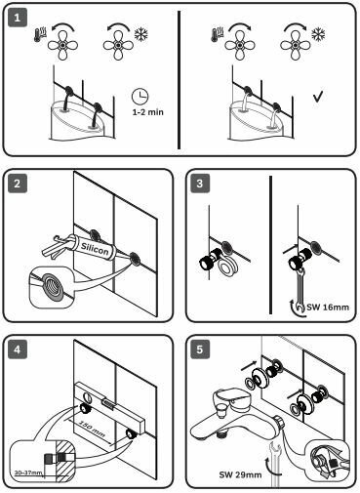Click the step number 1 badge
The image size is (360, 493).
[x=18, y=18]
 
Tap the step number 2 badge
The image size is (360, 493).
[x=18, y=184]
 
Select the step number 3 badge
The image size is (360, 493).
[x=200, y=184]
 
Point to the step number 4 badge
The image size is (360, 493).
[x=18, y=349]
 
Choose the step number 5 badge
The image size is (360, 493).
[x=200, y=349]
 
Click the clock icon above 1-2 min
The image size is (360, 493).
[x=140, y=97]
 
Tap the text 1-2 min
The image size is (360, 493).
[x=148, y=112]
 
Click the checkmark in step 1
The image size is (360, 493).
[x=318, y=97]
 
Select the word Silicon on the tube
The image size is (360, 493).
[x=95, y=249]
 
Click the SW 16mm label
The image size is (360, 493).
[x=328, y=307]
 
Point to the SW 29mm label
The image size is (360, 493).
[x=240, y=474]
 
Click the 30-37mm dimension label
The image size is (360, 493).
[x=28, y=472]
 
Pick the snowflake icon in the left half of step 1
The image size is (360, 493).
[x=141, y=34]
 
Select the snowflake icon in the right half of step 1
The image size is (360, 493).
[x=318, y=34]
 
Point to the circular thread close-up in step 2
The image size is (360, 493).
[x=52, y=285]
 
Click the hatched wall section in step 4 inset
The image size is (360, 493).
[x=63, y=461]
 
